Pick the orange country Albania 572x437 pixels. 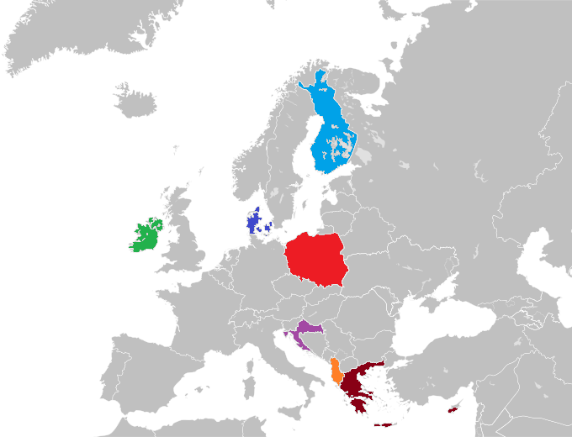pos(336,371)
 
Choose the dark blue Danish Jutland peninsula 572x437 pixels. pos(252,223)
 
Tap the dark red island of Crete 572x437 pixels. pos(384,424)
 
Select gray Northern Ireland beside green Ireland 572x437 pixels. pos(157,225)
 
